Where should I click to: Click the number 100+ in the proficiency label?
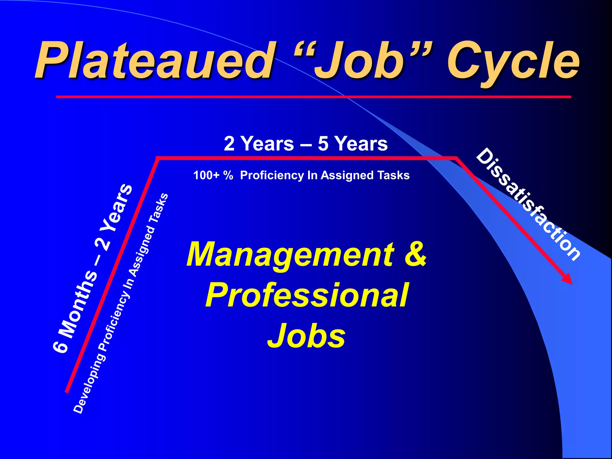pos(206,175)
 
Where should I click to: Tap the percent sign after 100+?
pos(228,175)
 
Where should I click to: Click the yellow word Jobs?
pos(306,336)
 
